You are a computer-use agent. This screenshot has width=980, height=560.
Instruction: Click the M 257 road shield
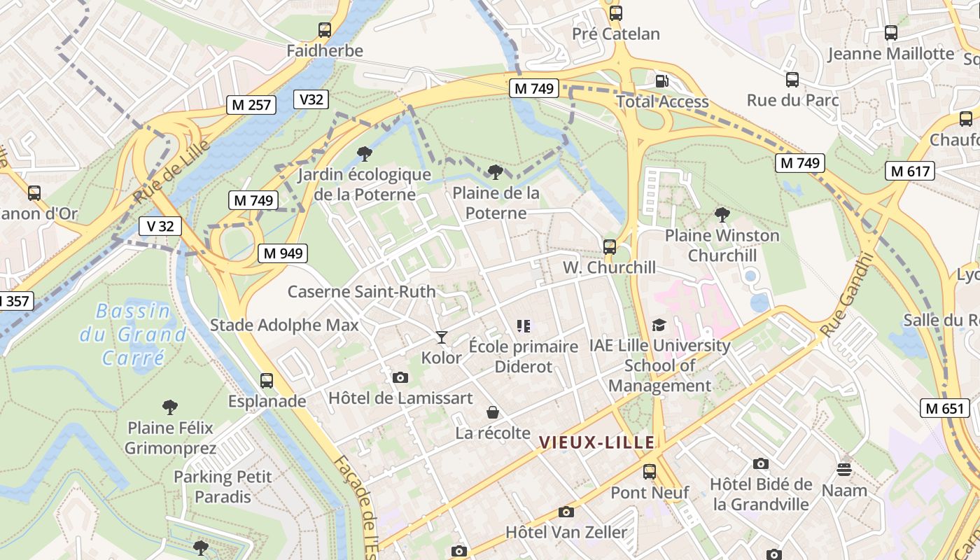[x=251, y=105]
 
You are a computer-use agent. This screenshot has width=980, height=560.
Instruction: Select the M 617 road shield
[x=910, y=171]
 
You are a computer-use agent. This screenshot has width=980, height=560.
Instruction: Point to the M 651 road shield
[x=945, y=408]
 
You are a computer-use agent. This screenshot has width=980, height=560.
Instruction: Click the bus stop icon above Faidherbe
[x=325, y=30]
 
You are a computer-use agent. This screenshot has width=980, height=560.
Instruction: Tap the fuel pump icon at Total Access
[x=661, y=81]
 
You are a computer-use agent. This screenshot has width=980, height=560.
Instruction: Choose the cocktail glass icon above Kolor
[x=441, y=337]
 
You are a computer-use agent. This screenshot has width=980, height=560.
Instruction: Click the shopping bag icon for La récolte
[x=493, y=412]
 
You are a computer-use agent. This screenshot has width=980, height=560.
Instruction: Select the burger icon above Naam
[x=844, y=469]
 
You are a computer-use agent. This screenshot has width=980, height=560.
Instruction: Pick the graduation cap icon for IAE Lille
[x=659, y=325]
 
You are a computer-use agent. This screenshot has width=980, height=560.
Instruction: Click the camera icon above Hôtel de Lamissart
[x=400, y=377]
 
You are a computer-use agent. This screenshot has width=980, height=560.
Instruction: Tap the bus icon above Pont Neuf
[x=650, y=472]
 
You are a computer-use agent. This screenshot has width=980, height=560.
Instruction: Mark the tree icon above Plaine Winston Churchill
[x=722, y=215]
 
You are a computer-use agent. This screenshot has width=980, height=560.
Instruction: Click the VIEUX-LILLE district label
[x=597, y=442]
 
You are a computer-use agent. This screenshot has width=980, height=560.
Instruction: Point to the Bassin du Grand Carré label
[x=133, y=335]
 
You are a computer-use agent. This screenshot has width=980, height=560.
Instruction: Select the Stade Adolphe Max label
[x=284, y=325]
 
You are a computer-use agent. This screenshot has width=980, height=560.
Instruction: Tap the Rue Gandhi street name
[x=849, y=295]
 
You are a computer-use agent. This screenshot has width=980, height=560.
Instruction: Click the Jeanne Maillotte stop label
[x=890, y=54]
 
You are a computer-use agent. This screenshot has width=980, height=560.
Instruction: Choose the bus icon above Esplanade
[x=267, y=381]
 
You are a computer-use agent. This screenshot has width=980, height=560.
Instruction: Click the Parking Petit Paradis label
[x=223, y=486]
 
